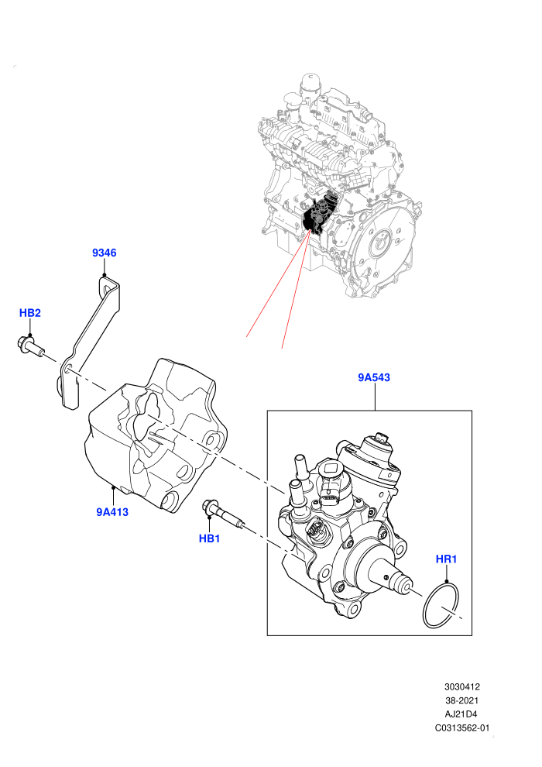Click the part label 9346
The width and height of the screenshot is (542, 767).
pyautogui.click(x=104, y=253)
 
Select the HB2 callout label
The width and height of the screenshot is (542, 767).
pyautogui.click(x=30, y=312)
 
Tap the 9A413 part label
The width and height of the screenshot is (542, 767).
pyautogui.click(x=112, y=511)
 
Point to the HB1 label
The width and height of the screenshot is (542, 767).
pyautogui.click(x=209, y=538)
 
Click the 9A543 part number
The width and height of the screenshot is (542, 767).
pyautogui.click(x=374, y=377)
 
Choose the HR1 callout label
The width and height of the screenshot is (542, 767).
pyautogui.click(x=446, y=559)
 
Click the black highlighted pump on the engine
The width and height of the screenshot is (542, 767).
pyautogui.click(x=319, y=213)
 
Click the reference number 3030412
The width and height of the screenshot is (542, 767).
pyautogui.click(x=461, y=686)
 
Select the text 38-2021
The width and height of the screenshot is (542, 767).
pyautogui.click(x=461, y=700)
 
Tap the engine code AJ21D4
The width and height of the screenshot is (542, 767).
pyautogui.click(x=461, y=714)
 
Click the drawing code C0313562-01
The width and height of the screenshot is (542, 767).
pyautogui.click(x=461, y=727)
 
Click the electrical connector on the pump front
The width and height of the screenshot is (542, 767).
pyautogui.click(x=314, y=531)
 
